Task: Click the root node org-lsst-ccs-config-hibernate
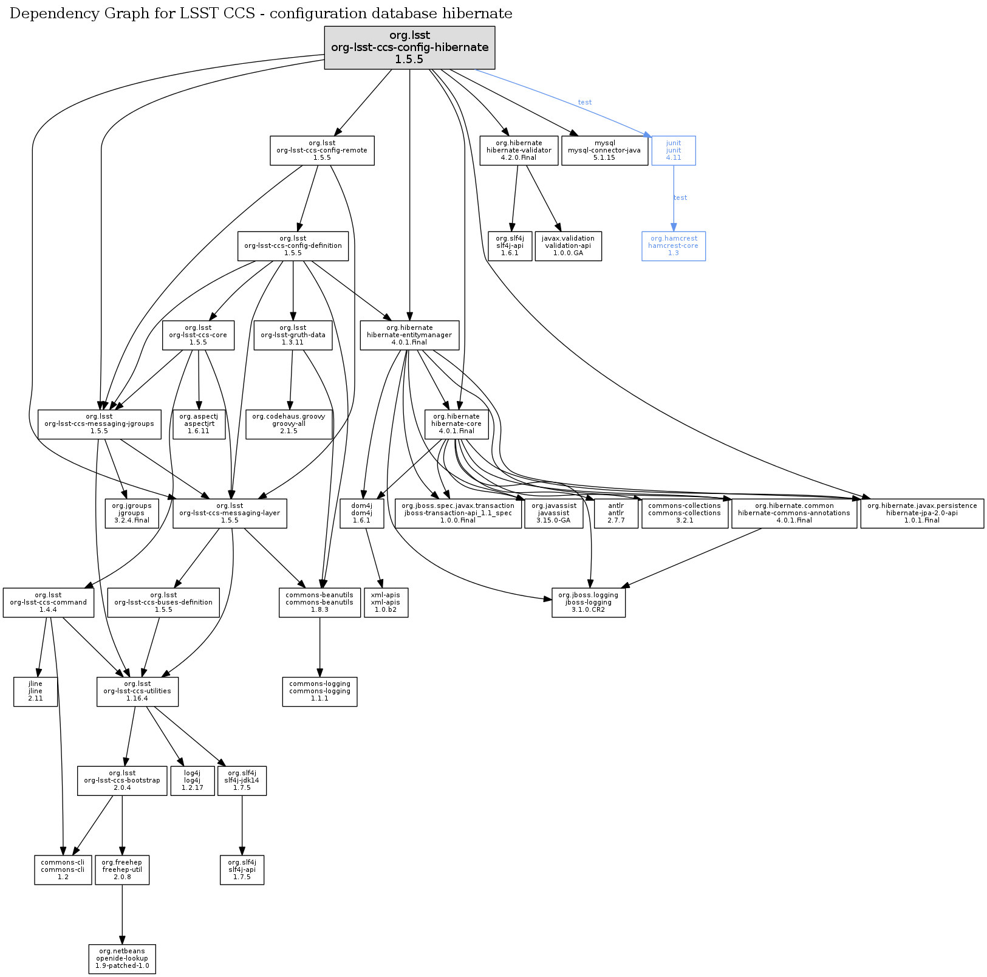pyautogui.click(x=409, y=47)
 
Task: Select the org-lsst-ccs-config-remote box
pyautogui.click(x=321, y=150)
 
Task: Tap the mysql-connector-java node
pyautogui.click(x=604, y=150)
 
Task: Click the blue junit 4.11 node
pyautogui.click(x=673, y=150)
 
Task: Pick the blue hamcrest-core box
pyautogui.click(x=673, y=245)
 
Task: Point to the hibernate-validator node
pyautogui.click(x=519, y=150)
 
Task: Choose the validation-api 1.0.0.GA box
pyautogui.click(x=568, y=245)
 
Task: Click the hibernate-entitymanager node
pyautogui.click(x=409, y=335)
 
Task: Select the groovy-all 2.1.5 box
pyautogui.click(x=289, y=423)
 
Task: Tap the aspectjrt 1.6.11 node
pyautogui.click(x=199, y=423)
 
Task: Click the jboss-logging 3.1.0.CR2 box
pyautogui.click(x=588, y=602)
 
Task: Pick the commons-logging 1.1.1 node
pyautogui.click(x=319, y=691)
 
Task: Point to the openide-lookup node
pyautogui.click(x=121, y=958)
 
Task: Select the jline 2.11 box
pyautogui.click(x=35, y=691)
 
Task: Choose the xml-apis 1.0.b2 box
pyautogui.click(x=386, y=602)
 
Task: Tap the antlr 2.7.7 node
pyautogui.click(x=616, y=513)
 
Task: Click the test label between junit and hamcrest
pyautogui.click(x=680, y=197)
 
